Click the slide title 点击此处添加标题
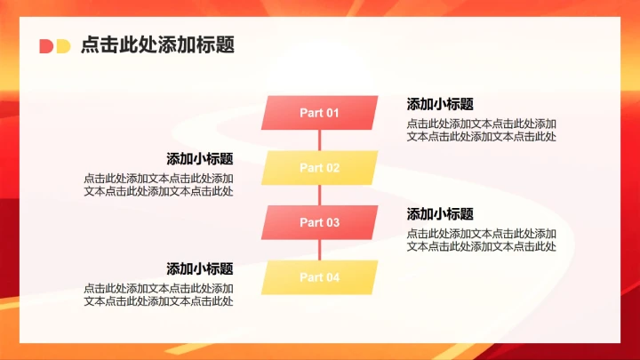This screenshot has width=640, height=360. tap(157, 45)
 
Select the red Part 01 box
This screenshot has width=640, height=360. tap(319, 113)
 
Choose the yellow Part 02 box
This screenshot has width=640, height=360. tap(319, 168)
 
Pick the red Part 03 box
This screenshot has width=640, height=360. tap(319, 223)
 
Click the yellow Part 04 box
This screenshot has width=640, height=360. tap(319, 277)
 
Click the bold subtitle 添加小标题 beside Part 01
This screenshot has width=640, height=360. tap(440, 104)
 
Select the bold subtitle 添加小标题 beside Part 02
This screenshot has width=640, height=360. tap(200, 159)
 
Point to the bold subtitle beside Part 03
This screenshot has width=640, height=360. tap(440, 214)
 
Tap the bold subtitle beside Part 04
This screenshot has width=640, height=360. tap(200, 268)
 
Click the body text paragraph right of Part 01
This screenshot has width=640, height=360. tap(482, 130)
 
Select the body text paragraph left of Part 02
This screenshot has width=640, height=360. tap(159, 185)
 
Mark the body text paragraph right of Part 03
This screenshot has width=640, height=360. tap(482, 240)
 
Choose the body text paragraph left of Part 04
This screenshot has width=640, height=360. tap(159, 295)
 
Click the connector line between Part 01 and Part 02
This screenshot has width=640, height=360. tap(319, 140)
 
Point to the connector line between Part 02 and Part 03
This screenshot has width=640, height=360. tap(319, 196)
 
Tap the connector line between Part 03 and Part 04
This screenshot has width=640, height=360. tap(319, 251)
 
